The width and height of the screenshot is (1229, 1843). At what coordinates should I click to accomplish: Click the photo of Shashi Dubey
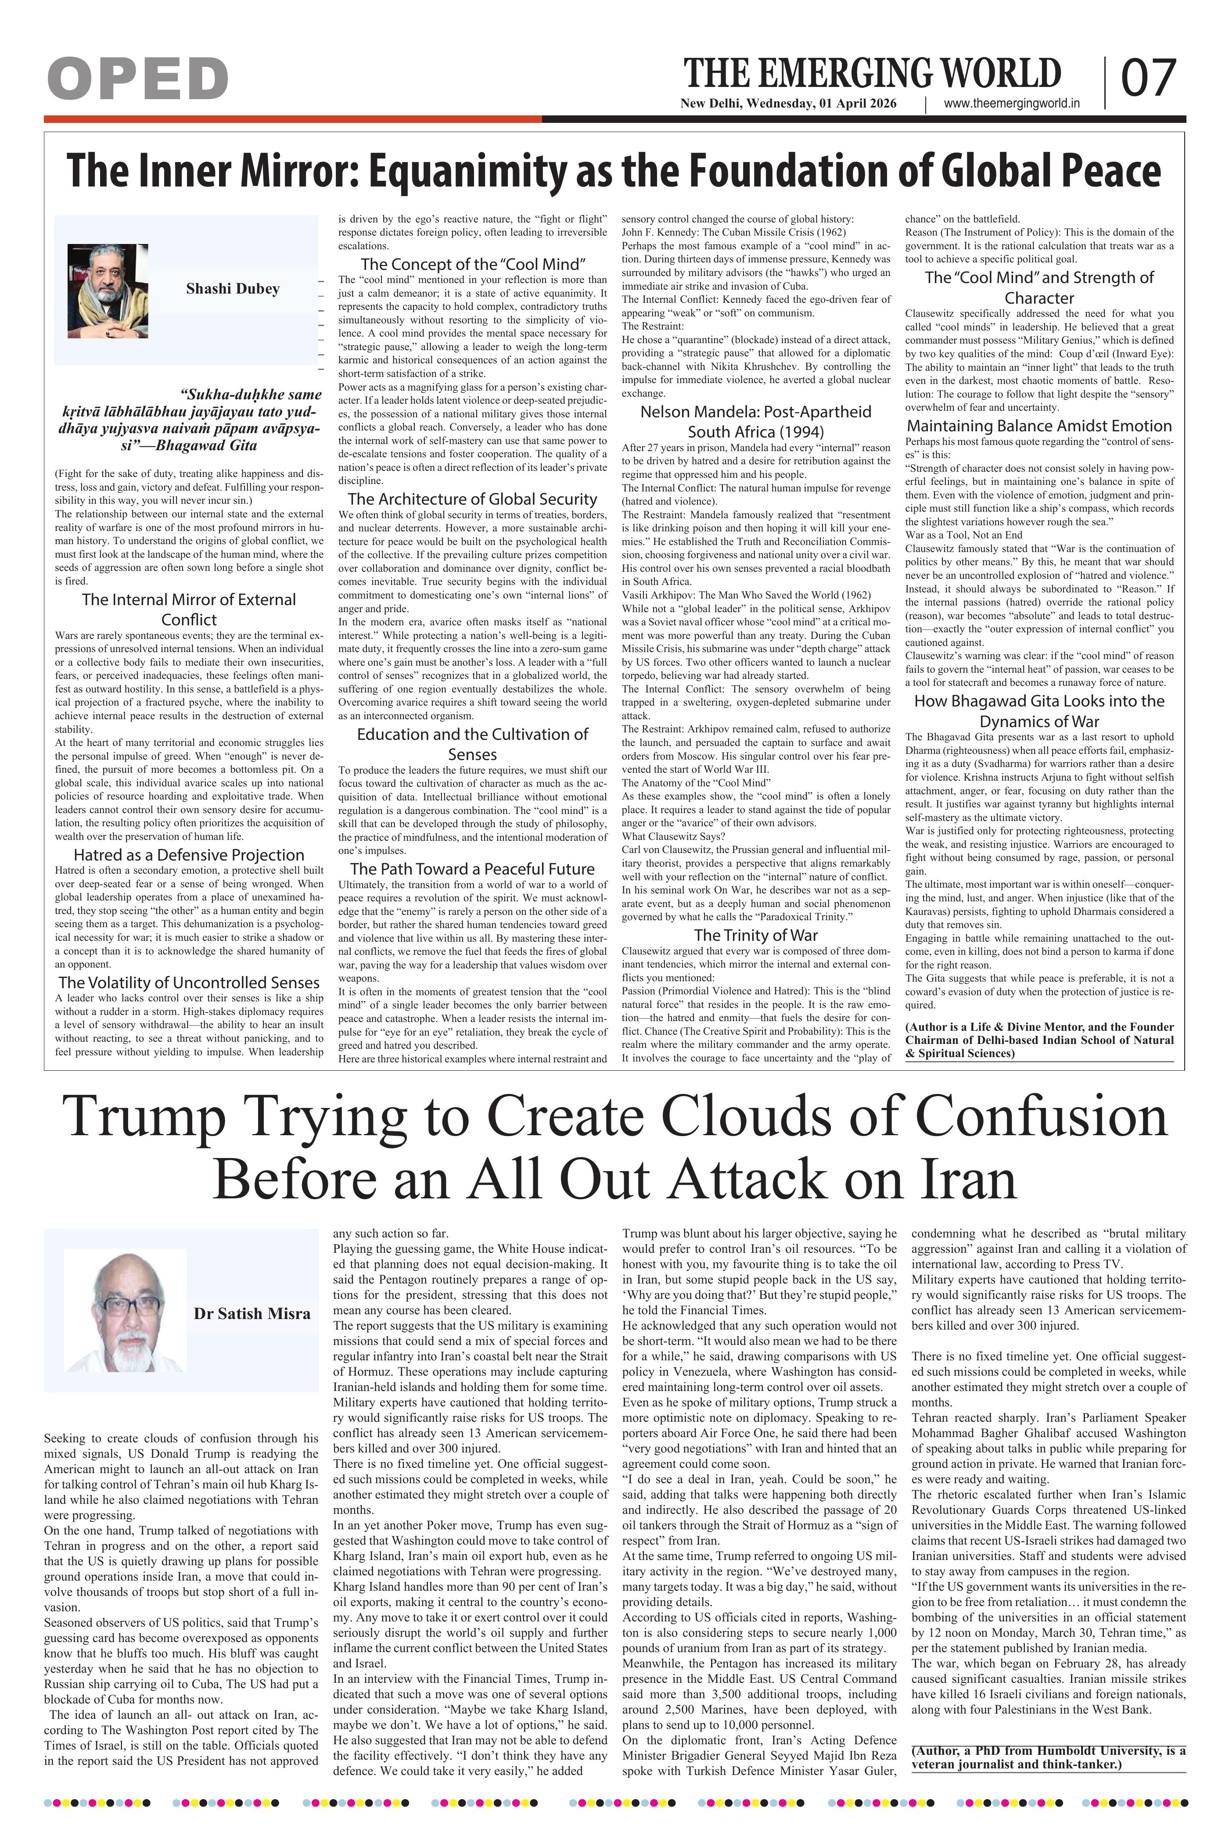(x=108, y=290)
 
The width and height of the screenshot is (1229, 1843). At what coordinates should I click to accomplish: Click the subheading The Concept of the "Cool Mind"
(x=473, y=264)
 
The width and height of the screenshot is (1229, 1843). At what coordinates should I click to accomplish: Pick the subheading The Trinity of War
(x=755, y=935)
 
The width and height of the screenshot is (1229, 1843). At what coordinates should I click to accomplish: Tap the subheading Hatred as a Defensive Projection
(x=189, y=855)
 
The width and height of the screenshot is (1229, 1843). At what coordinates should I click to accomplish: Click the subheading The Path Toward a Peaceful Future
(x=472, y=869)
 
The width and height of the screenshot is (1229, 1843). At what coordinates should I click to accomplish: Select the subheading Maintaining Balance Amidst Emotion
(x=1039, y=426)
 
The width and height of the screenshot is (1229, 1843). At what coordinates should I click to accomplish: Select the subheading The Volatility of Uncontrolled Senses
(x=189, y=982)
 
